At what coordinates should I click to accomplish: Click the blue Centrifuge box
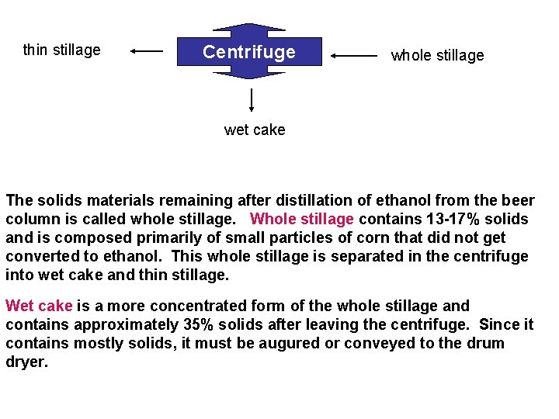(x=249, y=52)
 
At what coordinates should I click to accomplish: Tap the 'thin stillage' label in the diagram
(x=62, y=50)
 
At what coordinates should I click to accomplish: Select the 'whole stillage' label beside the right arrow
(x=437, y=55)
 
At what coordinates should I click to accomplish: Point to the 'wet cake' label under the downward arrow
(x=255, y=130)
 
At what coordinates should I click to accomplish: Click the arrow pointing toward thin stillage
(x=147, y=51)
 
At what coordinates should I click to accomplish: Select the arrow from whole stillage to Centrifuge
(x=354, y=55)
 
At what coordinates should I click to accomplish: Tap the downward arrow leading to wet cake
(x=252, y=100)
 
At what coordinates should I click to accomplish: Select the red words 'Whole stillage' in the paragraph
(x=302, y=220)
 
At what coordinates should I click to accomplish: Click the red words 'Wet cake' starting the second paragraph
(x=39, y=306)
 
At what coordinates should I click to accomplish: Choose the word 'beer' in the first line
(x=518, y=201)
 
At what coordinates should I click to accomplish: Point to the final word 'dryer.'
(x=26, y=362)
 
